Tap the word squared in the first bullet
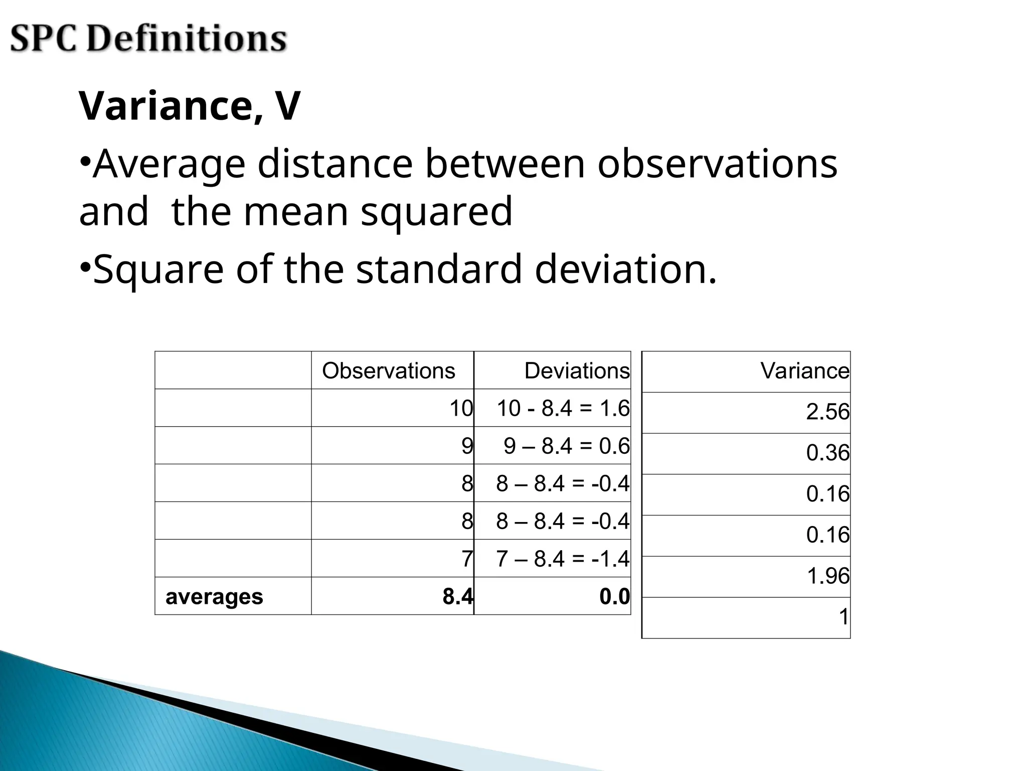[436, 211]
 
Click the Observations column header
[389, 371]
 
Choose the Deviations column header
[577, 371]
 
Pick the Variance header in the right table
[804, 371]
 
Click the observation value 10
[461, 408]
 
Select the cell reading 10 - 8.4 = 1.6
[563, 408]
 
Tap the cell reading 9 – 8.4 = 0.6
[567, 446]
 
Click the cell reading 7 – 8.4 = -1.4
[563, 559]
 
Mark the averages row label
[214, 596]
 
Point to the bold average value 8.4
[457, 596]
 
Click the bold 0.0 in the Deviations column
[614, 596]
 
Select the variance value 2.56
[827, 412]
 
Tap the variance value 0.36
[827, 453]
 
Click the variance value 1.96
[827, 576]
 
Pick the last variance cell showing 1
[843, 617]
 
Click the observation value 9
[467, 446]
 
